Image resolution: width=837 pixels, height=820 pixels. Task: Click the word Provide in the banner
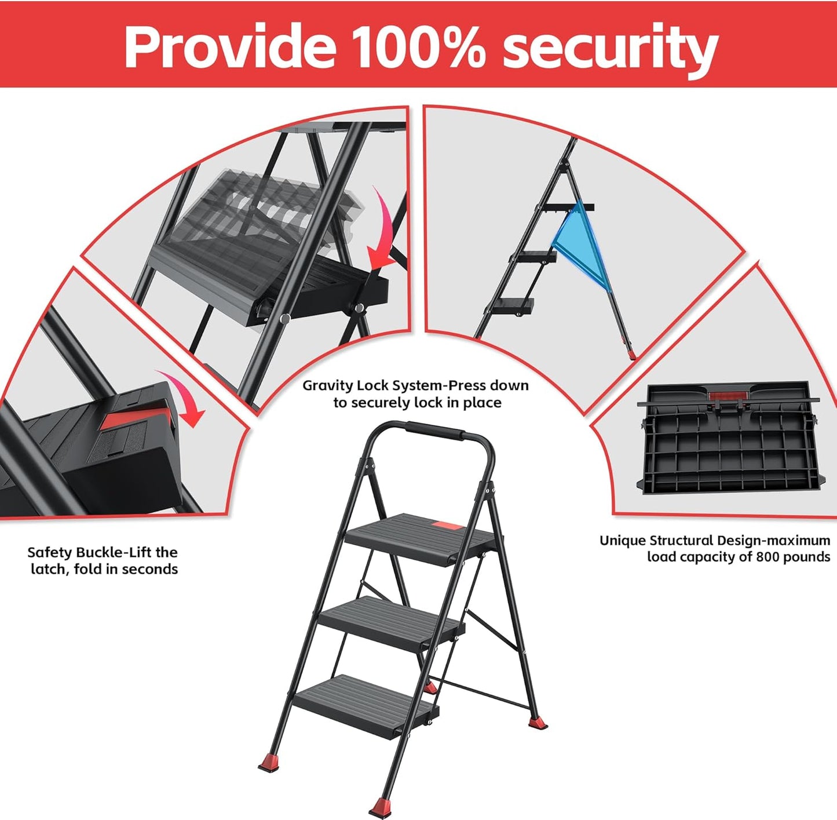tap(229, 46)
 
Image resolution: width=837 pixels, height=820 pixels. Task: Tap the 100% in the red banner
tap(419, 46)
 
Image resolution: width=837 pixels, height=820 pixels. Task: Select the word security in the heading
tap(610, 48)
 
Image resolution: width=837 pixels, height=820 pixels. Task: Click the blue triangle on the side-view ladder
tap(580, 244)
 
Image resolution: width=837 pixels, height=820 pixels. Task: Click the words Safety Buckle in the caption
tap(73, 552)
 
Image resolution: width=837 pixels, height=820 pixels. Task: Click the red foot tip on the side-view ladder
tap(630, 352)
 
